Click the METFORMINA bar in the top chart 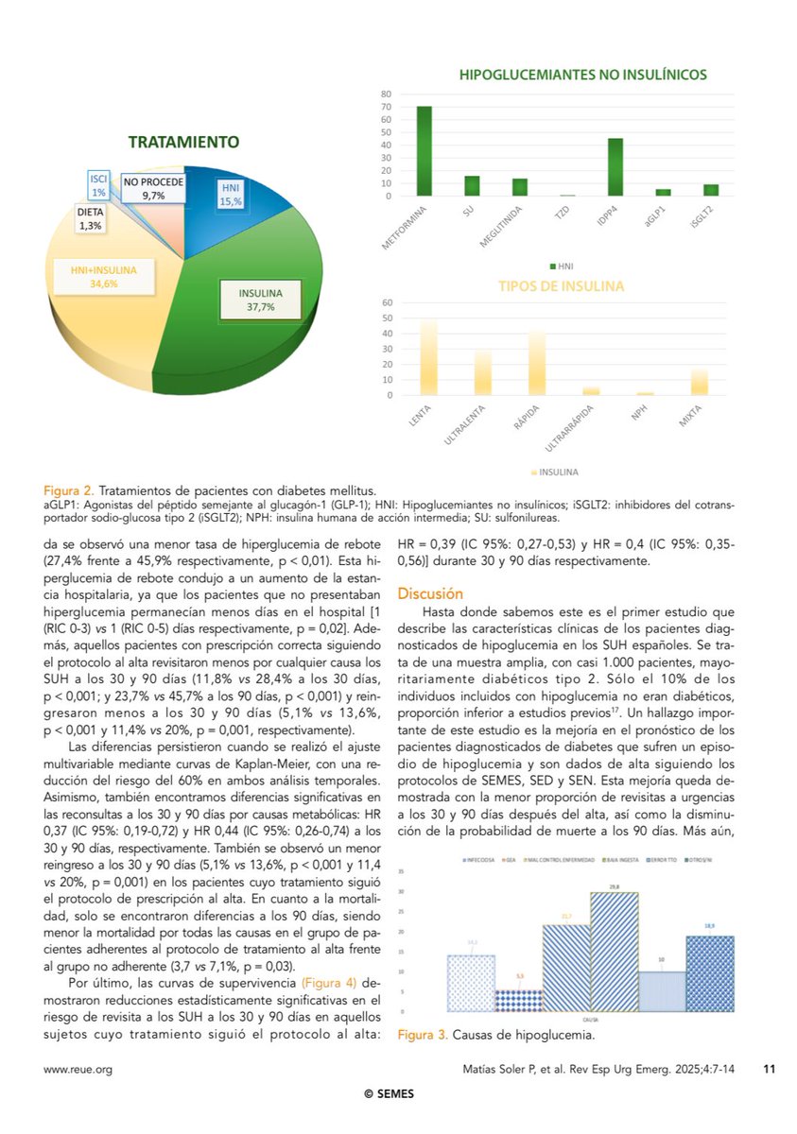(424, 151)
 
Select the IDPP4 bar (615, 167)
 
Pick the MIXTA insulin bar (699, 383)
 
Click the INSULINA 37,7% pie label (253, 299)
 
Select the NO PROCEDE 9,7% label (153, 187)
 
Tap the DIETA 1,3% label (92, 220)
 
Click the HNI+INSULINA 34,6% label (104, 276)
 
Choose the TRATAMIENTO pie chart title (183, 142)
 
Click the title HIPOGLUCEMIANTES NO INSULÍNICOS (582, 75)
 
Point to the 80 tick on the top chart (386, 94)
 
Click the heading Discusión (430, 593)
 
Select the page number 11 (769, 1069)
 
